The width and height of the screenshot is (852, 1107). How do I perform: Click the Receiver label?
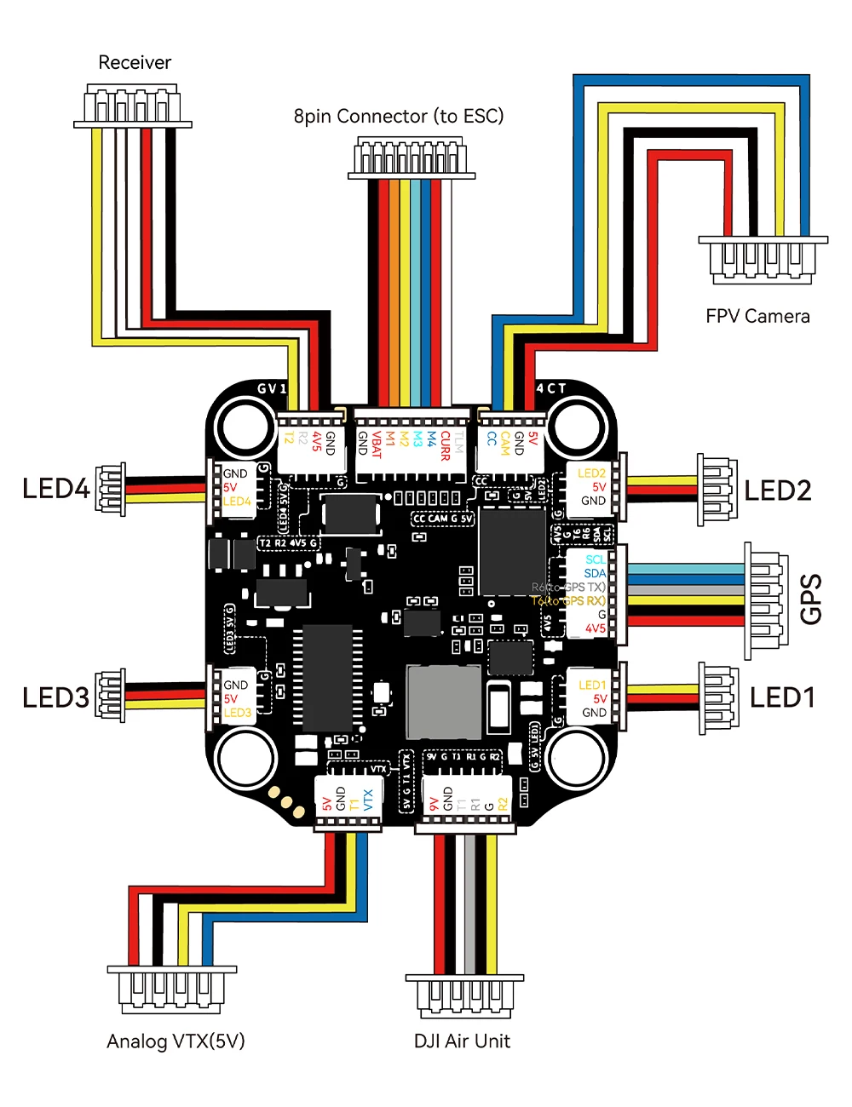(x=135, y=62)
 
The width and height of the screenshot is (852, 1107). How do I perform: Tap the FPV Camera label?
(x=757, y=316)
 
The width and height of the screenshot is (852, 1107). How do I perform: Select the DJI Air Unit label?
(x=462, y=1041)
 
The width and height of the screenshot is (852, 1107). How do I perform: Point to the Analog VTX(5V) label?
(x=176, y=1041)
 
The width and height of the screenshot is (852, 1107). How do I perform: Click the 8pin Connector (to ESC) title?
(x=399, y=116)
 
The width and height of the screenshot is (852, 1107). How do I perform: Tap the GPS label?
(x=812, y=599)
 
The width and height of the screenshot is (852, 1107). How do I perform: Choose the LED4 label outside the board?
(x=56, y=489)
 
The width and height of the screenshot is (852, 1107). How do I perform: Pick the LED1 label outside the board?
(x=782, y=697)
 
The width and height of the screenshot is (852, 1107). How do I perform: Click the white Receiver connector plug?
(x=132, y=106)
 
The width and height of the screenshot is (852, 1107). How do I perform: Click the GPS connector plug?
(x=766, y=600)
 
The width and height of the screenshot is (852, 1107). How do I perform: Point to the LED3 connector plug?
(x=112, y=697)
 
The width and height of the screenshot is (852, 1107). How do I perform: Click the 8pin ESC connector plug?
(x=411, y=159)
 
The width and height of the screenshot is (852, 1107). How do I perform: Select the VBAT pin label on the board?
(x=377, y=445)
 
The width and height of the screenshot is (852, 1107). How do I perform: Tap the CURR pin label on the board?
(x=445, y=445)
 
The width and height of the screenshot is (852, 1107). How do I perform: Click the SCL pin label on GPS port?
(x=596, y=559)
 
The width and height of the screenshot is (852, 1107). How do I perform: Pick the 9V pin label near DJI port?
(x=434, y=804)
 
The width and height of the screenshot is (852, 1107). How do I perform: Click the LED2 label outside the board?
(x=777, y=490)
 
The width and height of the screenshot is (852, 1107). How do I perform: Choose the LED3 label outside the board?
(x=56, y=697)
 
